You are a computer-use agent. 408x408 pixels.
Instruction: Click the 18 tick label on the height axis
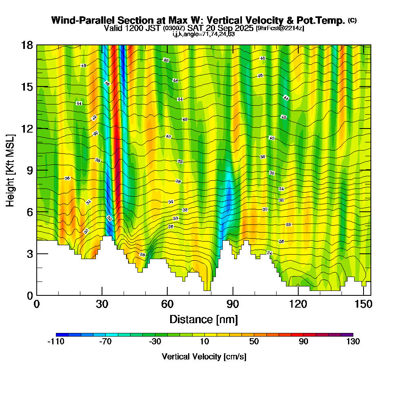point(27,45)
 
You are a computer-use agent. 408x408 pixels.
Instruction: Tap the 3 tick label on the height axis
point(29,254)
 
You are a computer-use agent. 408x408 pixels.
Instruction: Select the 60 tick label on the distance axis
point(167,305)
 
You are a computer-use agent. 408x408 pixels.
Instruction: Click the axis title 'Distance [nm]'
point(204,319)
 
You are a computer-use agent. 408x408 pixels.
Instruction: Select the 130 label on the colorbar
point(353,342)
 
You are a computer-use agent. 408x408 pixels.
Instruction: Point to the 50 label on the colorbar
point(254,342)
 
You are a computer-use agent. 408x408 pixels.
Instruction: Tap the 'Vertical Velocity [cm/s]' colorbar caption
point(204,357)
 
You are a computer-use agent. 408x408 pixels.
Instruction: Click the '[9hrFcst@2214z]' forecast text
point(279,28)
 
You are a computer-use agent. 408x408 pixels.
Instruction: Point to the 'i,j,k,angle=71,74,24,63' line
point(204,34)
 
